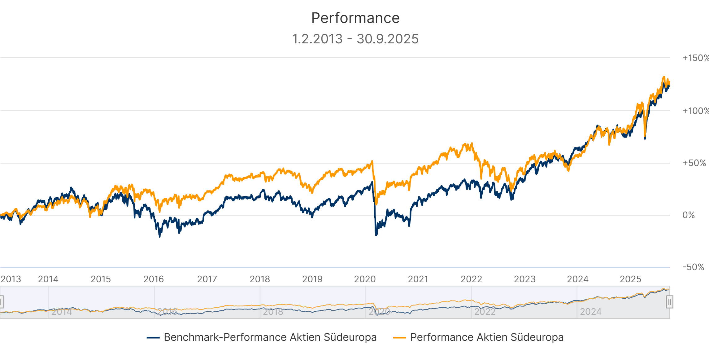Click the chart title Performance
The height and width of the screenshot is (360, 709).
tap(355, 18)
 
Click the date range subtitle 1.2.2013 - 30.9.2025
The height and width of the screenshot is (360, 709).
tap(355, 39)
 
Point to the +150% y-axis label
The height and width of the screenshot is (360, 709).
tap(695, 58)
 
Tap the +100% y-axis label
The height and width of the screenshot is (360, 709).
tap(695, 111)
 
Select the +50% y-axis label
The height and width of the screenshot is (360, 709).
tap(694, 163)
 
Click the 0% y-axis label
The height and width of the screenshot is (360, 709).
tap(689, 215)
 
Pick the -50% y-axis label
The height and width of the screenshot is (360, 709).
tap(693, 267)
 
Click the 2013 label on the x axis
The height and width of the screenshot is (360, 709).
tap(11, 279)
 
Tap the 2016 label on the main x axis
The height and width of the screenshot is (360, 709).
tap(154, 279)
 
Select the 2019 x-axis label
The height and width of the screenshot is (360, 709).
tap(312, 279)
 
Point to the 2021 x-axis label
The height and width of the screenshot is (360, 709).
tap(418, 279)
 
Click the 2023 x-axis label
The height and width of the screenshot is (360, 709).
tap(524, 279)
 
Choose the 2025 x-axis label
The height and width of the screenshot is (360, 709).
tap(630, 279)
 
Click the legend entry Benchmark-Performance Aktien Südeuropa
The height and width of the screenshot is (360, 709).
tap(270, 337)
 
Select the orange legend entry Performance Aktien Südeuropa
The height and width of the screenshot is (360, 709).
tap(487, 337)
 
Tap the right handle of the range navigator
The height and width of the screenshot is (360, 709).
tap(669, 302)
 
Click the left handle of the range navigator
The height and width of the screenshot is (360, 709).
tap(1, 302)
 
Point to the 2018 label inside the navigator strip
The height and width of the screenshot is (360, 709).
tap(273, 312)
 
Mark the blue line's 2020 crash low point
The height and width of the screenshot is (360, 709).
tap(376, 235)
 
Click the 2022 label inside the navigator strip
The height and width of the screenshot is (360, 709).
tap(485, 312)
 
